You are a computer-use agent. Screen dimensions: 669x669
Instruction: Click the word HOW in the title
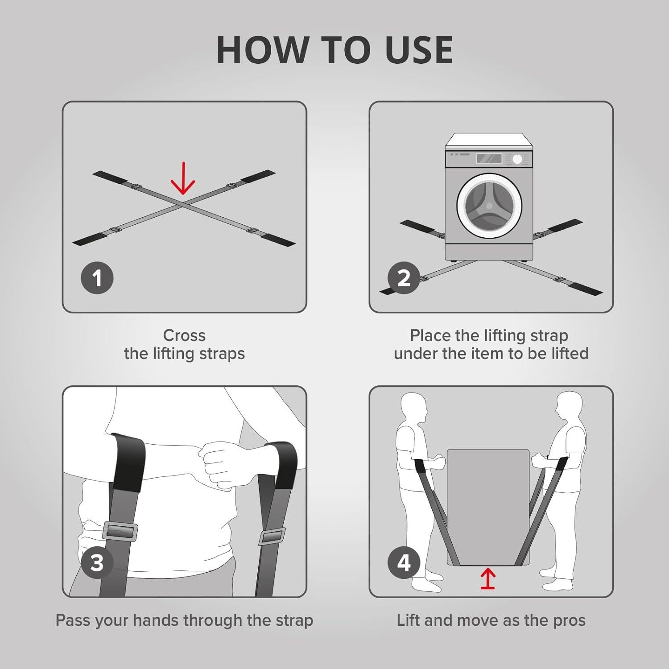click(260, 50)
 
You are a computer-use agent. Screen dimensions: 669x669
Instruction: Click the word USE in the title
click(419, 50)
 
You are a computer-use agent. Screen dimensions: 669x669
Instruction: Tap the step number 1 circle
click(97, 278)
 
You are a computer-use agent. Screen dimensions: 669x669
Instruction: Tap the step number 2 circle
click(404, 278)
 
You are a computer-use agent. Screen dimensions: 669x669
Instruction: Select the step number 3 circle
click(97, 563)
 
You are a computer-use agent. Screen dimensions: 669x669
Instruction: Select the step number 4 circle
click(404, 563)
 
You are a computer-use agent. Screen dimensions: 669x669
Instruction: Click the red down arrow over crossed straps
click(183, 184)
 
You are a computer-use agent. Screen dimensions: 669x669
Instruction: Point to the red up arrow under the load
click(488, 580)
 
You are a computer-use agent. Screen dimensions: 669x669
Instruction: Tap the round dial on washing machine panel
click(517, 159)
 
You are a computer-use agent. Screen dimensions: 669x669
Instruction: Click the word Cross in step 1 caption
click(184, 335)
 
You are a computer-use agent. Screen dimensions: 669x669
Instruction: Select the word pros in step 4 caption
click(570, 620)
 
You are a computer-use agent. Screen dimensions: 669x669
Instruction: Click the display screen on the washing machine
click(489, 158)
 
